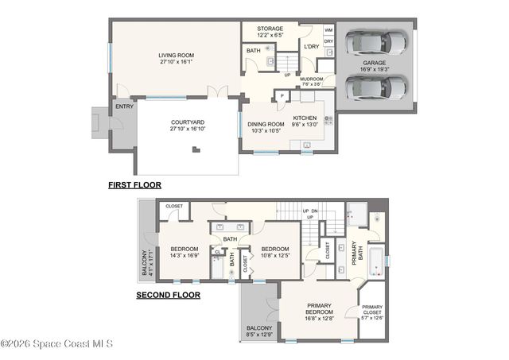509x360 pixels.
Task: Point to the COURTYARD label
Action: tap(188, 123)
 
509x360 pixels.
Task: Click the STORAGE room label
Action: tap(270, 29)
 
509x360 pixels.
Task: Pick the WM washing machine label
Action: tap(328, 30)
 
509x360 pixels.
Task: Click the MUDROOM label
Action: tap(312, 79)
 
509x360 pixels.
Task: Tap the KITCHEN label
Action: tap(305, 118)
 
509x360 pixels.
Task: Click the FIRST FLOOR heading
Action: tap(134, 184)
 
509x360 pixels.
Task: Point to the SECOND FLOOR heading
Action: tap(168, 295)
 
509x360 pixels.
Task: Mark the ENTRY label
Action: tap(124, 106)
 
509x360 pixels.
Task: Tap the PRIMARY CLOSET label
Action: tap(372, 310)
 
